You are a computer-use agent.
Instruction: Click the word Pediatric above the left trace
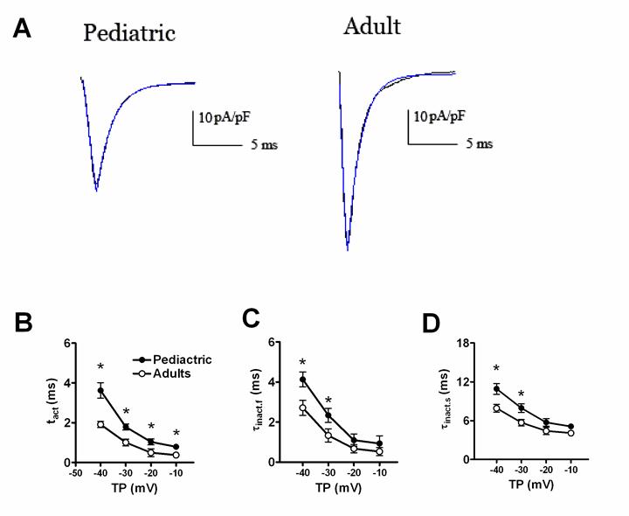coord(129,34)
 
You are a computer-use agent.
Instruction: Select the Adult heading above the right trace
coord(372,26)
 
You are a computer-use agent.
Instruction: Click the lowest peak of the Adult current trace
coord(348,249)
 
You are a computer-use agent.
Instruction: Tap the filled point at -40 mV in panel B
coord(100,390)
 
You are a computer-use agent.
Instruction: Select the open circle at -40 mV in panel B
coord(100,424)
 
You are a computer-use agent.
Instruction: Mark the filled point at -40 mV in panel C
coord(302,380)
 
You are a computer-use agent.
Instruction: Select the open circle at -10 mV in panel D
coord(570,433)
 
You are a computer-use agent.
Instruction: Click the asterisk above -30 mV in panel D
coord(522,393)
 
